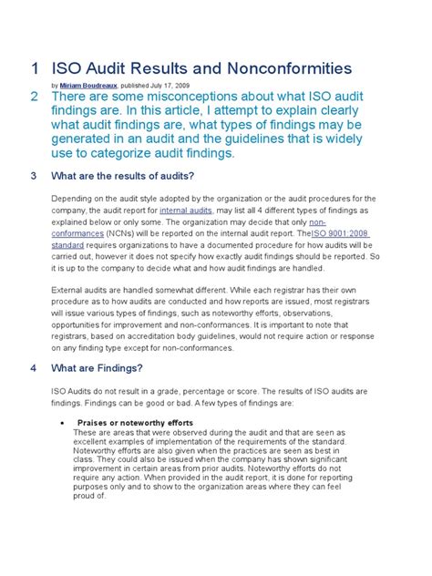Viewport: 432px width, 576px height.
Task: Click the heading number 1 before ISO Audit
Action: tap(34, 69)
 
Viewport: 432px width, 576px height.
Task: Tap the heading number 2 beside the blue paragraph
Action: tap(34, 98)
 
